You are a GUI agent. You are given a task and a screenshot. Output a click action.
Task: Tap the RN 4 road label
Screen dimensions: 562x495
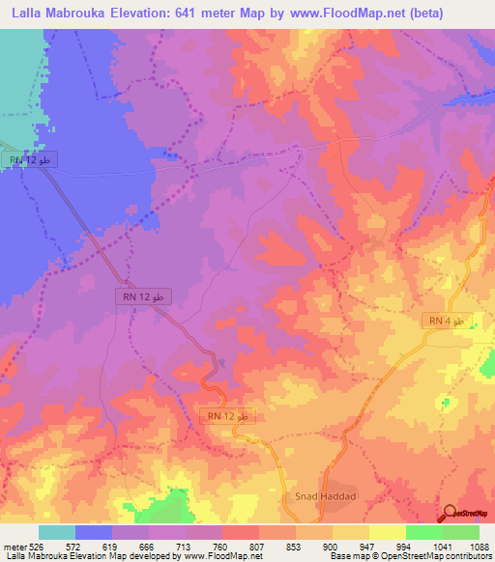[x=451, y=321]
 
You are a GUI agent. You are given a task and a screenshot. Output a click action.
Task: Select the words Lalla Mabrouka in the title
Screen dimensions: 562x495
[x=55, y=12]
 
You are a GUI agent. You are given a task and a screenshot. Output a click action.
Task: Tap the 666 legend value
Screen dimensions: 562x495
[x=148, y=546]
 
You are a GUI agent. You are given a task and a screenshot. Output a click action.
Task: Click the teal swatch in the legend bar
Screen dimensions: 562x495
[x=56, y=532]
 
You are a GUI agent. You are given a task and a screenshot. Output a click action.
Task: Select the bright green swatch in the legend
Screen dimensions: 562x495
[x=423, y=532]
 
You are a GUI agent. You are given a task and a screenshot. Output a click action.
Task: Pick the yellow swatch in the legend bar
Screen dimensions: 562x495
[x=387, y=532]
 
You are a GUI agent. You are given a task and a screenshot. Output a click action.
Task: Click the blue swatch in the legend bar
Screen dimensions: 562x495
[x=94, y=532]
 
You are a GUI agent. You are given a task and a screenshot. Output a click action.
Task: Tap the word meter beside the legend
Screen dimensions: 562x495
[x=14, y=546]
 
